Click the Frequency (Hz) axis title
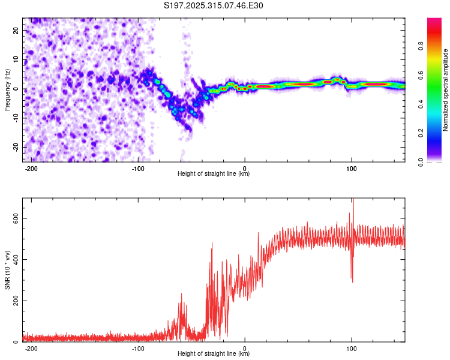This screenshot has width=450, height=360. point(7,90)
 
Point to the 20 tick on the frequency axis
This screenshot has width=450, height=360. point(16,30)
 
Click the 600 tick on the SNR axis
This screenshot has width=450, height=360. point(13,219)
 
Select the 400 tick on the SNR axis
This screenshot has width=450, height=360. point(13,260)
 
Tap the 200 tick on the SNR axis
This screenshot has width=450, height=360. point(13,301)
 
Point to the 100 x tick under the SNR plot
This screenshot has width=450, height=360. point(352,349)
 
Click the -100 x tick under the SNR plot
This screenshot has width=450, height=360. point(137,349)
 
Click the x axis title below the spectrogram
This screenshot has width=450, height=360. point(214,174)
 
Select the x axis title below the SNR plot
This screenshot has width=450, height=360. point(214,354)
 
